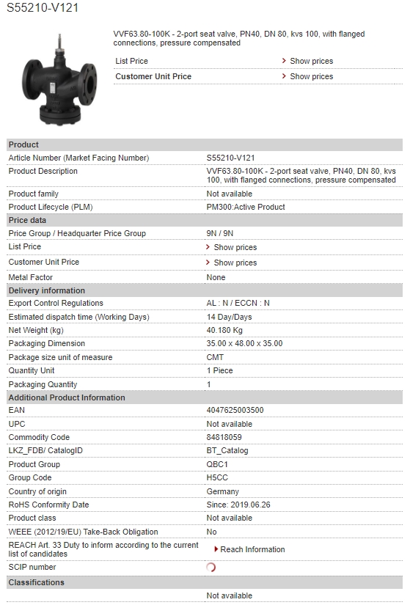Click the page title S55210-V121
pyautogui.click(x=43, y=8)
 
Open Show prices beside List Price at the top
pyautogui.click(x=311, y=61)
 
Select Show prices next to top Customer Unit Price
pyautogui.click(x=311, y=76)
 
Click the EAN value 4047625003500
pyautogui.click(x=235, y=411)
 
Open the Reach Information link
pyautogui.click(x=252, y=549)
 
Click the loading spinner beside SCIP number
pyautogui.click(x=211, y=567)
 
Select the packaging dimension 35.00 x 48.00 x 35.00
pyautogui.click(x=244, y=343)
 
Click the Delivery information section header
pyautogui.click(x=46, y=290)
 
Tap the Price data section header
pyautogui.click(x=27, y=220)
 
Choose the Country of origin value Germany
pyautogui.click(x=222, y=491)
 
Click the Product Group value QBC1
pyautogui.click(x=218, y=464)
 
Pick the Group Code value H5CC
pyautogui.click(x=218, y=477)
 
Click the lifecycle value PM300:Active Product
pyautogui.click(x=245, y=207)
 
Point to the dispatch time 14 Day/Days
pyautogui.click(x=229, y=317)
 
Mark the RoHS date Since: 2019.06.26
pyautogui.click(x=238, y=505)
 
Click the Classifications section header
pyautogui.click(x=36, y=582)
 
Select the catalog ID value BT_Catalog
pyautogui.click(x=227, y=450)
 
